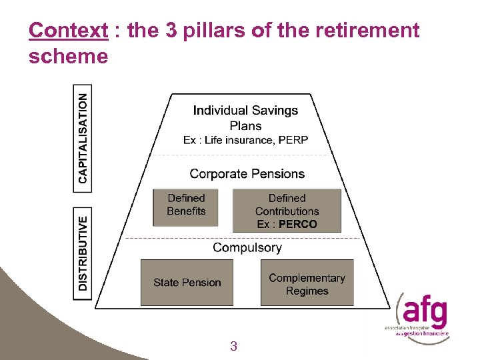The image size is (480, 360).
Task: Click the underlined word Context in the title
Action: point(69,31)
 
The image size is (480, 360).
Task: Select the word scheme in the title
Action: point(68,57)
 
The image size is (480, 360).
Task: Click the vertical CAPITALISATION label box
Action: point(82,138)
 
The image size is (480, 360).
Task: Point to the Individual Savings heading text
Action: point(245,111)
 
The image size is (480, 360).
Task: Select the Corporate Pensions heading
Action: point(247,174)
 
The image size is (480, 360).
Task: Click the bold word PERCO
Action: point(298,224)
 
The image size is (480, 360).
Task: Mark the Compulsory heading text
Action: point(247,247)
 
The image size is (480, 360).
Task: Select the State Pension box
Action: point(187,283)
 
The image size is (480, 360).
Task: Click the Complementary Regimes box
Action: point(307,284)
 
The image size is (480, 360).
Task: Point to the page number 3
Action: point(233,346)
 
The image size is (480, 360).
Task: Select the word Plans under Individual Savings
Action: point(245,125)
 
